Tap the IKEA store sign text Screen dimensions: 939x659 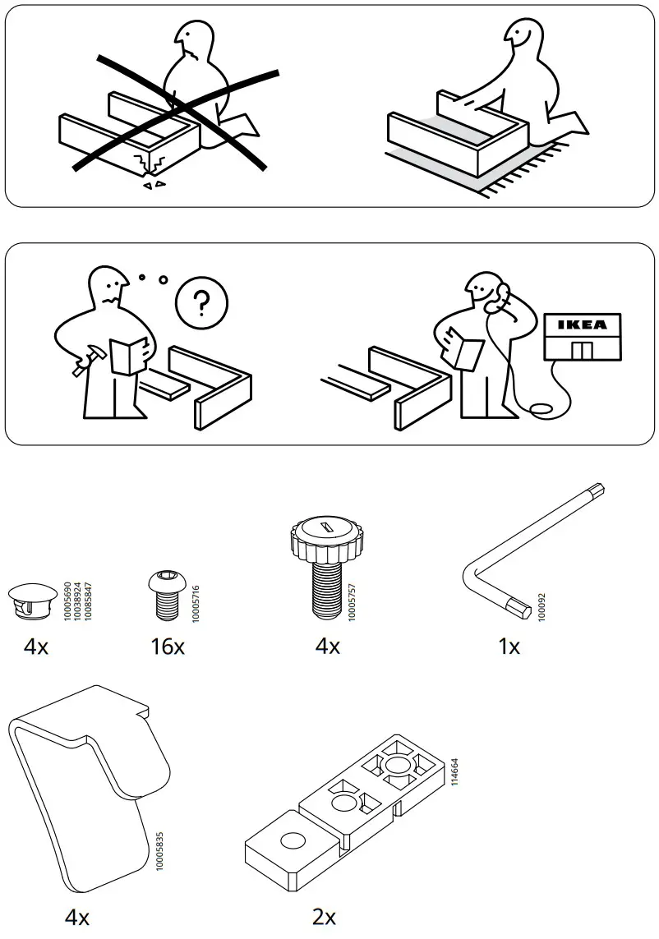(x=583, y=325)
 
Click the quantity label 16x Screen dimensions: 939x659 (x=168, y=647)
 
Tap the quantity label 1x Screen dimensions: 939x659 (x=509, y=647)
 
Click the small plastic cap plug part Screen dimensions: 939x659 (x=30, y=597)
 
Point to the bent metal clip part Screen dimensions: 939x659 (x=90, y=780)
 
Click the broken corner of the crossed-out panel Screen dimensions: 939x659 (x=150, y=165)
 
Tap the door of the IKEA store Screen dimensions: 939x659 (x=582, y=351)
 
